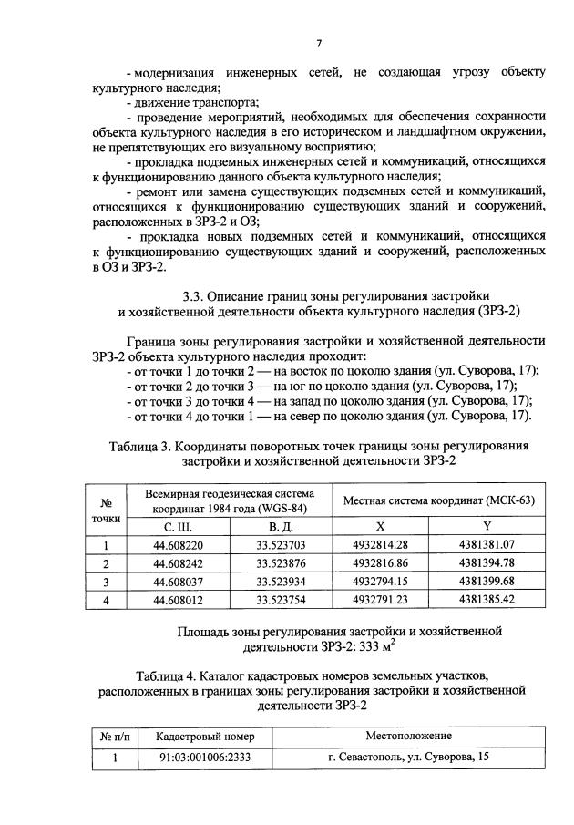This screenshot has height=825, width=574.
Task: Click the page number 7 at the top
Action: [x=319, y=43]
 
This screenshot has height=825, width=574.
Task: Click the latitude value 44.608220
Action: [x=178, y=546]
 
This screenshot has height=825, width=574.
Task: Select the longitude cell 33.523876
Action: [x=281, y=563]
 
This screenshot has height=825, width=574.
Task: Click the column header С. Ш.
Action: [x=178, y=527]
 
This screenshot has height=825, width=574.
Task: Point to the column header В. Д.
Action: [x=281, y=527]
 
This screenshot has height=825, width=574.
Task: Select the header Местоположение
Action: [x=408, y=736]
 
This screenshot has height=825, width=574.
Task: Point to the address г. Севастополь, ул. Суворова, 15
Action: [x=408, y=756]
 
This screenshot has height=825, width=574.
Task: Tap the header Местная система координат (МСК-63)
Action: [x=438, y=500]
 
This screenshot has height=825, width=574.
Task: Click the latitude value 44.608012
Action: [x=178, y=599]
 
